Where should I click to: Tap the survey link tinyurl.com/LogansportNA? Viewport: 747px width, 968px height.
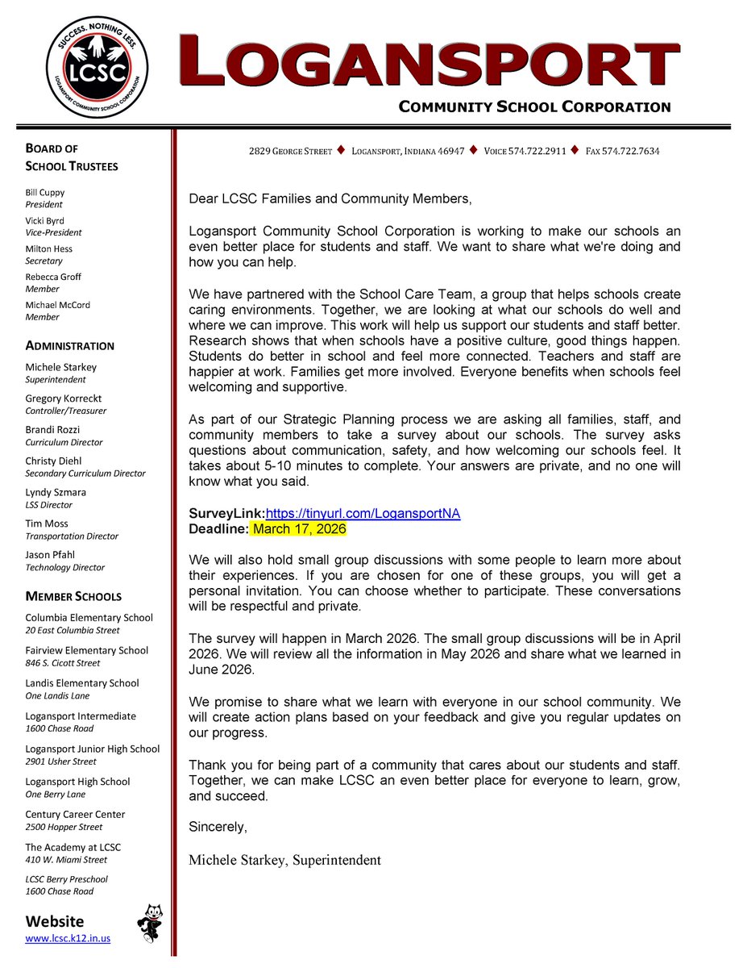point(363,514)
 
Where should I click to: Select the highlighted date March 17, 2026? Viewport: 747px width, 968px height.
point(299,529)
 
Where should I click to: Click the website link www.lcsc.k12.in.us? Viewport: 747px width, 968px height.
point(68,938)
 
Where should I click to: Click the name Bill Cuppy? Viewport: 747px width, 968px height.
point(45,193)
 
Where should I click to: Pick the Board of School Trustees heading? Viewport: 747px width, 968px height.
point(71,157)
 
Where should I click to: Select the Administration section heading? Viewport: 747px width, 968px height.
point(69,346)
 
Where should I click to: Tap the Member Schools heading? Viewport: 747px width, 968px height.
point(73,597)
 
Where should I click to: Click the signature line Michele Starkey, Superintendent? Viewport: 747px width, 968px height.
point(284,860)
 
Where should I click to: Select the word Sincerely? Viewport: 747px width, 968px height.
point(218,828)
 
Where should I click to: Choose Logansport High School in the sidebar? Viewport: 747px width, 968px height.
point(77,782)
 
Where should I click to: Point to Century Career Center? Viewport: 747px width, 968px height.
point(75,815)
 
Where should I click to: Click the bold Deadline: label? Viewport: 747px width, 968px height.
point(218,529)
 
